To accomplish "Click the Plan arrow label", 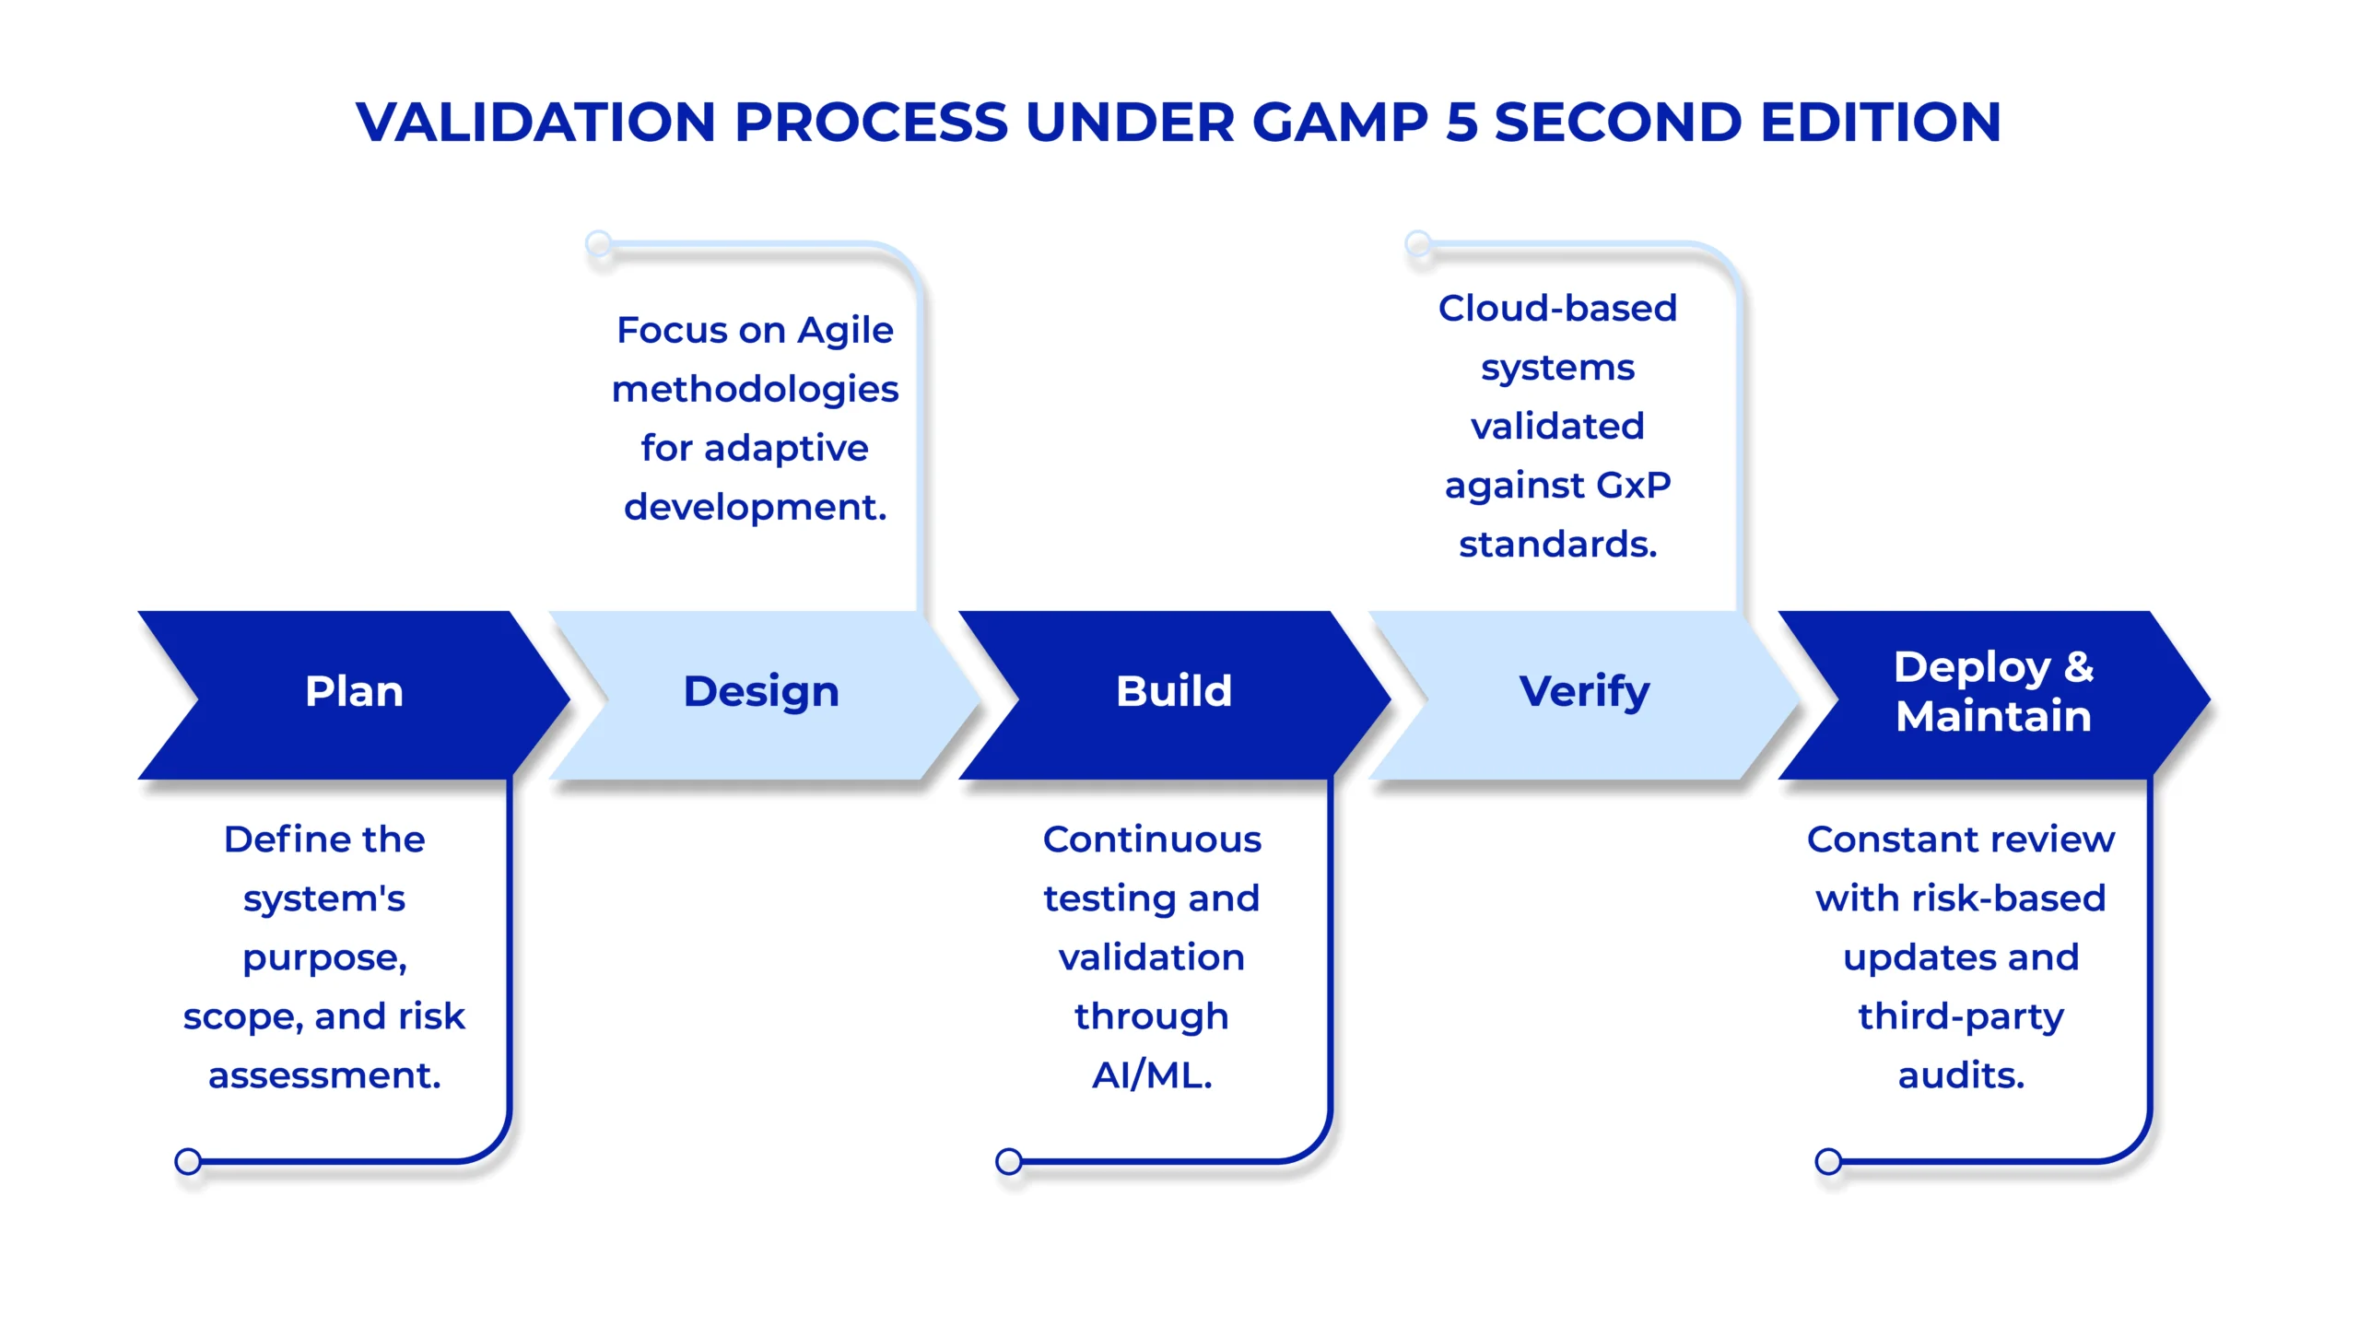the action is click(x=354, y=691).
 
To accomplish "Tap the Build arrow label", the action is click(x=1174, y=691).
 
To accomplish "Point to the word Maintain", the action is click(x=1994, y=716).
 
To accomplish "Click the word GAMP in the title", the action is click(x=1341, y=122).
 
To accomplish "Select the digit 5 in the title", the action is click(x=1461, y=122).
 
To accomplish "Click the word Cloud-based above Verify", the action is click(x=1557, y=308).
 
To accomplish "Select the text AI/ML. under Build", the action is click(x=1152, y=1075).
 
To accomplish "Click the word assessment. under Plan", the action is click(x=324, y=1076).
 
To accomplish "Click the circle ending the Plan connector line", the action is click(x=188, y=1161).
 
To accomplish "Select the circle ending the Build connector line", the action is click(x=1009, y=1161).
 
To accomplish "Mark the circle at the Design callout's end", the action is click(x=599, y=243).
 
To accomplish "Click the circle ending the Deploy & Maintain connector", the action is click(x=1828, y=1161).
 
